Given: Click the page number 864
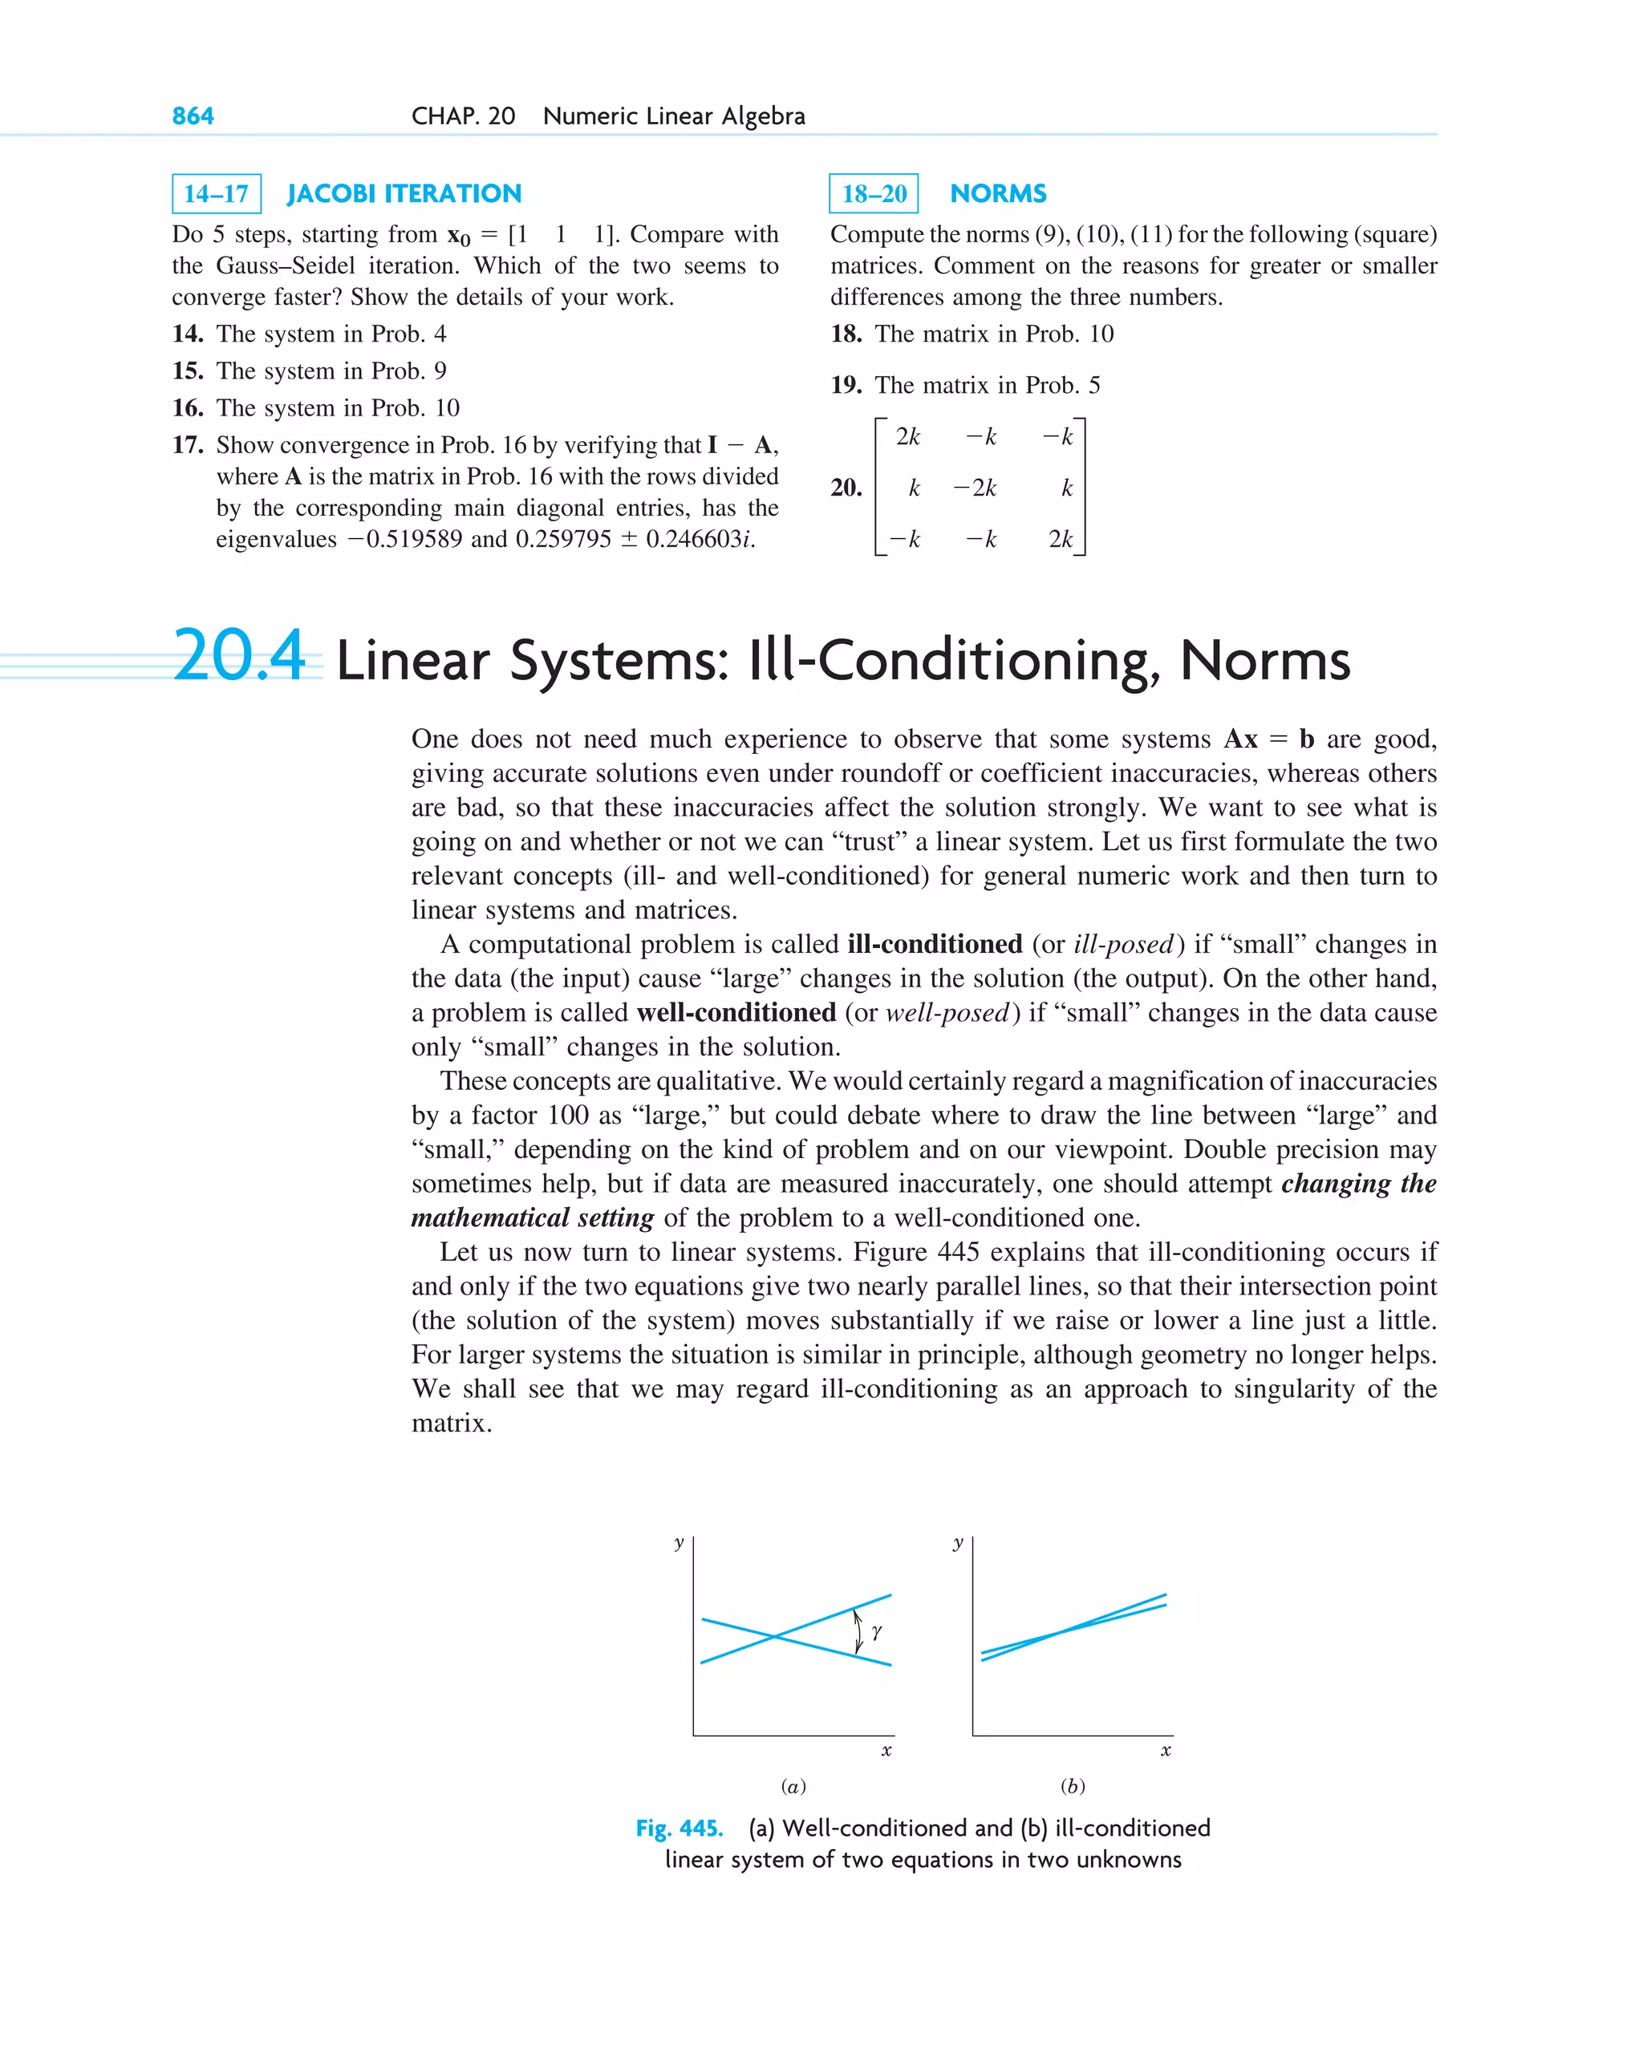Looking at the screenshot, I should (x=193, y=116).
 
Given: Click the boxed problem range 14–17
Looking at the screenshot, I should (x=217, y=194).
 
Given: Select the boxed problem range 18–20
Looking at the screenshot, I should (x=874, y=194).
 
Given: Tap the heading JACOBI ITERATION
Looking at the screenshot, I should (x=404, y=194).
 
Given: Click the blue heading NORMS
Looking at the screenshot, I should (x=998, y=194).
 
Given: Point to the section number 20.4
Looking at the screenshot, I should (x=239, y=656).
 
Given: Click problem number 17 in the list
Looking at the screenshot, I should (x=187, y=445).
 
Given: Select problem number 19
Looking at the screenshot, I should (x=846, y=385).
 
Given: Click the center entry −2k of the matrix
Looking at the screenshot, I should (x=976, y=488).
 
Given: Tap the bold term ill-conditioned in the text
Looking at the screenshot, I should (x=934, y=944).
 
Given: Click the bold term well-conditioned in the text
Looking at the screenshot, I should (x=736, y=1013).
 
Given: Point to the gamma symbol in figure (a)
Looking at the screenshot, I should (x=877, y=1632).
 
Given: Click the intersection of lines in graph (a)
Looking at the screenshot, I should (x=776, y=1637).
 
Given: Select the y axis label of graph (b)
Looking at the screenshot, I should (x=958, y=1542).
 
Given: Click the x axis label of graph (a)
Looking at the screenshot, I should (x=886, y=1750).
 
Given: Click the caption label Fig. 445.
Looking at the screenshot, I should (x=680, y=1828).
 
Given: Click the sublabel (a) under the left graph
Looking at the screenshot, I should (x=793, y=1786).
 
